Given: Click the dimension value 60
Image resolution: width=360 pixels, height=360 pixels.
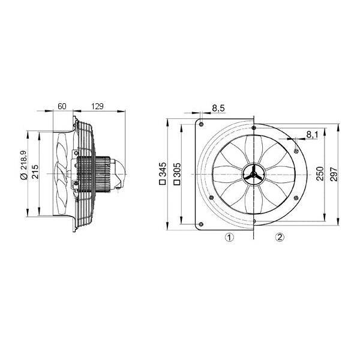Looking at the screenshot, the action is [x=62, y=106].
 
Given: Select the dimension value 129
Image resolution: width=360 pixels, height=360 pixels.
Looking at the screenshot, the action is [x=97, y=106].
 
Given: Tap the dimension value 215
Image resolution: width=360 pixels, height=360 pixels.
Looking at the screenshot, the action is [x=35, y=172].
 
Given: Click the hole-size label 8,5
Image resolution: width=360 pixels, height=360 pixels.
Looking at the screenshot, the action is [x=218, y=108].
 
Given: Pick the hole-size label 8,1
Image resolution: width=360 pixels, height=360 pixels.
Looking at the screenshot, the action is [x=312, y=134].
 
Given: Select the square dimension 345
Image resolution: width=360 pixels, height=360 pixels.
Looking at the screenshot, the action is [x=163, y=169].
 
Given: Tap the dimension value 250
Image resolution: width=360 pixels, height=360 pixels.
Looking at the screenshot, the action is [x=320, y=174].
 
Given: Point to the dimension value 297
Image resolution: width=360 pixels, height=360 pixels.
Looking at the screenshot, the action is [x=334, y=174].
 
